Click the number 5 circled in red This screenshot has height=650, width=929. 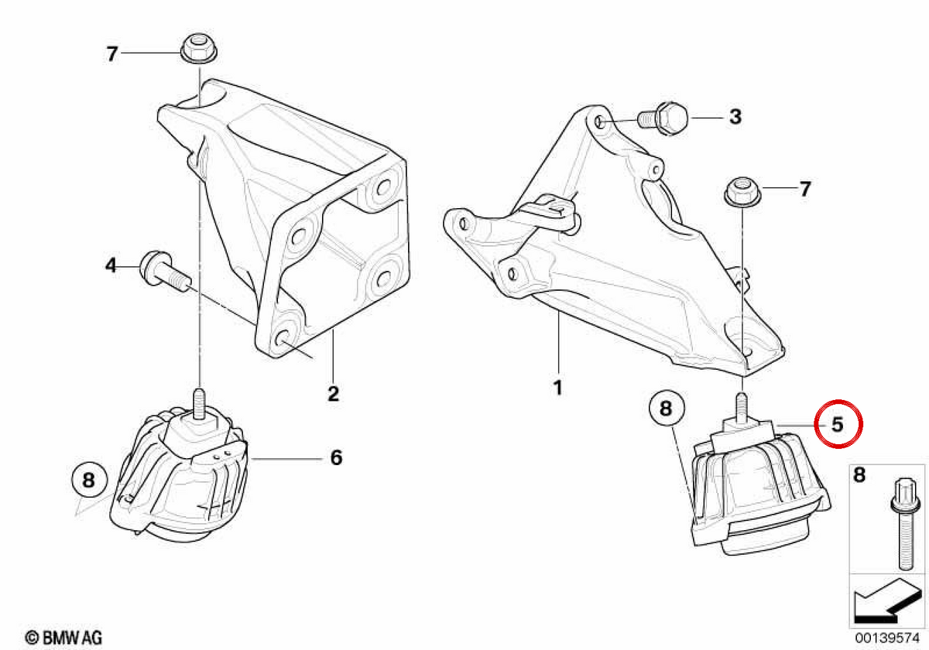coord(838,425)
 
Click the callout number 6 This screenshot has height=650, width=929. coord(336,457)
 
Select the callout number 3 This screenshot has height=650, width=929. coord(735,117)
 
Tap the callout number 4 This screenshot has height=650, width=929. coord(111,265)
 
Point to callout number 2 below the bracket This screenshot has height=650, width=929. coord(334,393)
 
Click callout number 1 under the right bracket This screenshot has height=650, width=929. coord(558,388)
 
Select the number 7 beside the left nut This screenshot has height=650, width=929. coord(112,54)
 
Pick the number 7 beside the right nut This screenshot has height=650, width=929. coord(805,189)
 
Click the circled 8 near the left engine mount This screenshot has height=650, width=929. coord(89,480)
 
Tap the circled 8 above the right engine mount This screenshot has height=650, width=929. coord(667,408)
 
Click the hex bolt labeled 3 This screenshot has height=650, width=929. coord(663,118)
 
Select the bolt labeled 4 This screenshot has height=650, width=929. coord(165,272)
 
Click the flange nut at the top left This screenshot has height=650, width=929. coord(199,48)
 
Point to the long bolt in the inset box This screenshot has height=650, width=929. coord(905,525)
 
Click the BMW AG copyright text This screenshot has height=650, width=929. coord(63,638)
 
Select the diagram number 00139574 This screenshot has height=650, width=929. coord(886,638)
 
